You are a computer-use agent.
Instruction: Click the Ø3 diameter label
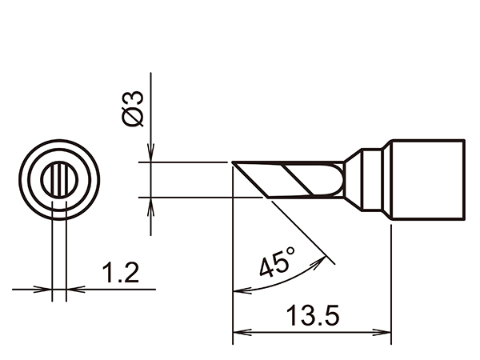pos(134,108)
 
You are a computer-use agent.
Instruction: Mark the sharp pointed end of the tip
pos(234,164)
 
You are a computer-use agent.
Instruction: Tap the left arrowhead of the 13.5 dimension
pos(238,333)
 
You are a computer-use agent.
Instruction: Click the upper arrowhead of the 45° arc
pos(325,258)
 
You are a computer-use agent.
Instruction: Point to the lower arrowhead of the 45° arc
pos(238,290)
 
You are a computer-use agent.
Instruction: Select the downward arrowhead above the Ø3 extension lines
pos(151,156)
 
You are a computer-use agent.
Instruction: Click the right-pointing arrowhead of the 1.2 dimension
pos(46,289)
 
